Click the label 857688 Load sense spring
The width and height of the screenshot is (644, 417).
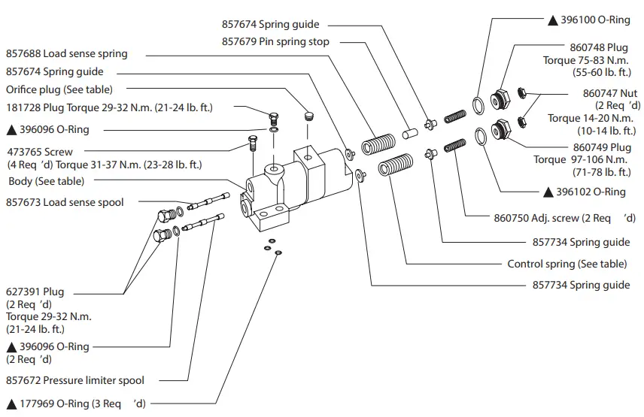point(67,54)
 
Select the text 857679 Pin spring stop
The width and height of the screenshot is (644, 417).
point(275,42)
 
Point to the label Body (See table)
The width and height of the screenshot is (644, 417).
point(47,181)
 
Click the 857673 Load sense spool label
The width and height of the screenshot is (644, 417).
point(65,202)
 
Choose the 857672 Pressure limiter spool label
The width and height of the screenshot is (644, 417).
point(75,380)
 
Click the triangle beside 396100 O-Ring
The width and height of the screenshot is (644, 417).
point(552,20)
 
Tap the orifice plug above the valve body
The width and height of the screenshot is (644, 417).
point(307,116)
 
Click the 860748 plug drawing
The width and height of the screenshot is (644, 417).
point(499,100)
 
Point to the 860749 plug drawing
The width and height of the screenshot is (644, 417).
point(499,131)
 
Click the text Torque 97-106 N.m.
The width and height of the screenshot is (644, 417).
point(582,160)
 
